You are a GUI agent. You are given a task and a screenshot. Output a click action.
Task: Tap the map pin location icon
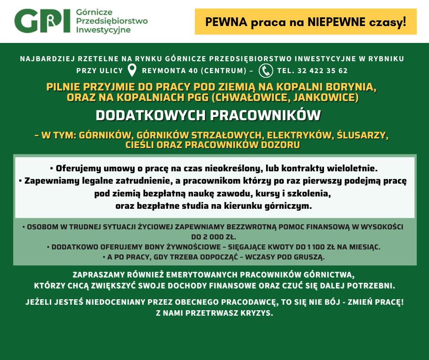tap(132, 70)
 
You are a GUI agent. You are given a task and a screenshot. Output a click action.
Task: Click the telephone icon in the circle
tap(266, 70)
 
